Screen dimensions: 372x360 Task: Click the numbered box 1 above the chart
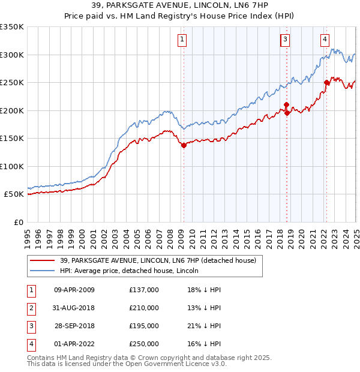point(181,40)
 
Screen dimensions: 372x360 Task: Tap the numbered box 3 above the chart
point(285,40)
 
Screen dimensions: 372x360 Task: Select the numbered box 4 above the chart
point(325,40)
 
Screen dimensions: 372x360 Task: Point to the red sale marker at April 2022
point(326,83)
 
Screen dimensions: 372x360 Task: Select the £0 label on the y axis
point(19,222)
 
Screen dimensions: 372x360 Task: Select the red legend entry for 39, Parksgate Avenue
point(158,260)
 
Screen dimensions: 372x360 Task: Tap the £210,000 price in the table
point(144,308)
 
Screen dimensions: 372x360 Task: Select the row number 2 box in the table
point(31,308)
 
